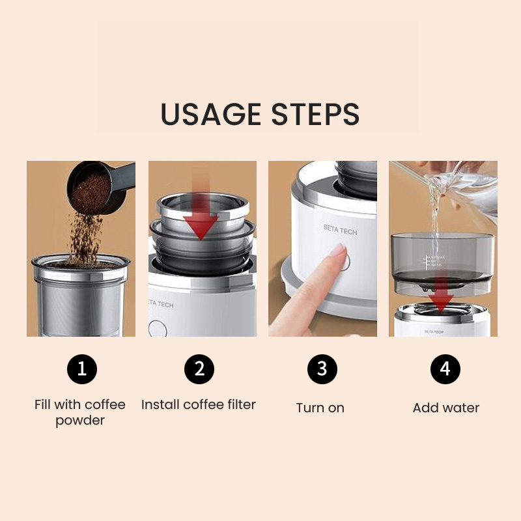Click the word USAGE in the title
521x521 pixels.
pos(206,114)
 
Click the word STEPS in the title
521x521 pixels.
pos(311,114)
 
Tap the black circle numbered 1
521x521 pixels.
pos(82,369)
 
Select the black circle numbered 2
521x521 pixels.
pos(199,369)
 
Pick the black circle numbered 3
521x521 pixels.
pos(322,369)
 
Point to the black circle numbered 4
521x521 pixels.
pos(445,369)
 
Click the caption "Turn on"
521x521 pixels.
pos(320,408)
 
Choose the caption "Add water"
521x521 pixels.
pos(446,408)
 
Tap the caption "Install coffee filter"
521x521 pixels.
pos(199,404)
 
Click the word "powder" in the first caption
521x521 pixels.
pos(80,421)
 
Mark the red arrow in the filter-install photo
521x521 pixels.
pos(200,215)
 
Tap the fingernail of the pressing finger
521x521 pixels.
pos(337,249)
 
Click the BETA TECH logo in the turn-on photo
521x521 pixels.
pos(340,231)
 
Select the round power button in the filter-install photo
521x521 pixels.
pos(157,328)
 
